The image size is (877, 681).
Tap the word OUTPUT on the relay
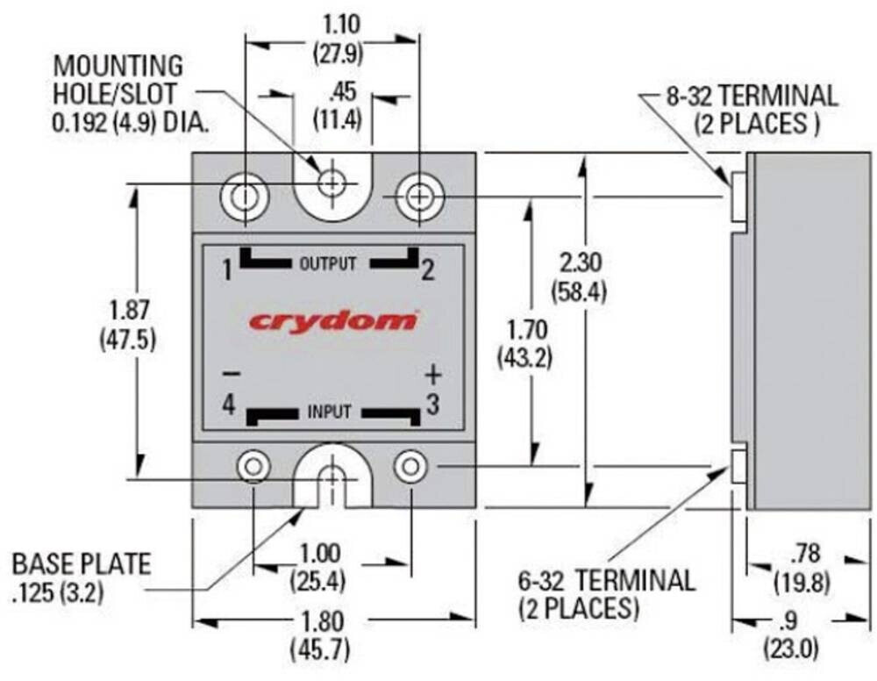pos(328,263)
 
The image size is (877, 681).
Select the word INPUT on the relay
pos(329,412)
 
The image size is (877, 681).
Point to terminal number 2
pos(427,270)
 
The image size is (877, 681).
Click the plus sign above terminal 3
pos(431,375)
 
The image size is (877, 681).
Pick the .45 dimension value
pos(339,92)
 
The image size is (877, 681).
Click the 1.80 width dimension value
pos(323,621)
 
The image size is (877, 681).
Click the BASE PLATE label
pos(81,563)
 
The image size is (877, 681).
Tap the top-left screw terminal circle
pos(244,197)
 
